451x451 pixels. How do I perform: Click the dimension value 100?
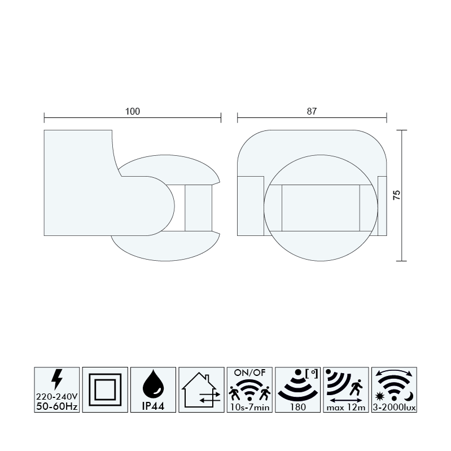[133, 111]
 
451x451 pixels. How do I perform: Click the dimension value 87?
[312, 111]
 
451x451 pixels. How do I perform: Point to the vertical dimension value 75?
[396, 195]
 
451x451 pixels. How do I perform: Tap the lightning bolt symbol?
[57, 379]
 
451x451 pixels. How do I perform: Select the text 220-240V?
[57, 397]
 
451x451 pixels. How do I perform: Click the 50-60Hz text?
[57, 406]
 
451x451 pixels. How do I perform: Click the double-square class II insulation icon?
[105, 389]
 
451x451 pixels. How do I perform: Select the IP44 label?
[154, 406]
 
